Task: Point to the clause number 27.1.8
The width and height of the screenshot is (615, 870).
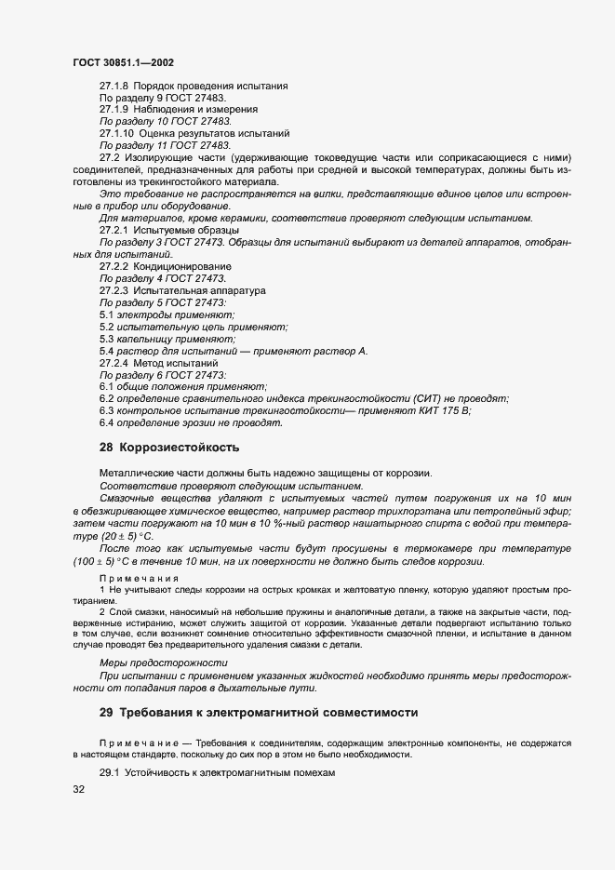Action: pos(114,87)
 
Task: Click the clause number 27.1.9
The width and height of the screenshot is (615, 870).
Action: pos(114,110)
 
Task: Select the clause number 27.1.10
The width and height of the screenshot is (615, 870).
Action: pos(117,133)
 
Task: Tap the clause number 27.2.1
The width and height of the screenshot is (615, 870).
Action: pos(114,229)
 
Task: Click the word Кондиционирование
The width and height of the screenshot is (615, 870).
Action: pos(177,266)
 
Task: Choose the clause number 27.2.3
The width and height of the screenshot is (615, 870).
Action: pos(114,290)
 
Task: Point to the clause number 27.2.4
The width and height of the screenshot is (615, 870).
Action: pos(114,363)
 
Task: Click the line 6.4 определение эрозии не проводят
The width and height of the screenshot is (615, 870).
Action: pos(190,422)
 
